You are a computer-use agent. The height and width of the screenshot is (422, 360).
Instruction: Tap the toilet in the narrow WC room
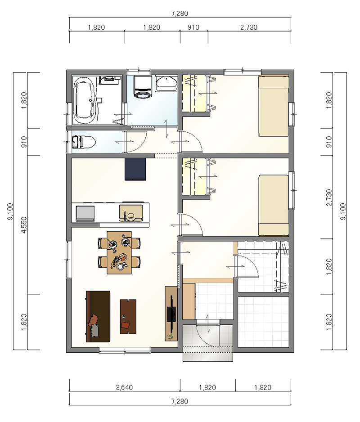pos(83,142)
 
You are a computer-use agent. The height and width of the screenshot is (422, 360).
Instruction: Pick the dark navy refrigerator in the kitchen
pos(135,169)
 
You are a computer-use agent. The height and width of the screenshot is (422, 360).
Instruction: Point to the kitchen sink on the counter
pos(131,213)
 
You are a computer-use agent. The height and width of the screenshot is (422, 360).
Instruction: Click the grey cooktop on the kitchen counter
pos(85,213)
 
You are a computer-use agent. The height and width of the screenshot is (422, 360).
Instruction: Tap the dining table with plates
pos(119,252)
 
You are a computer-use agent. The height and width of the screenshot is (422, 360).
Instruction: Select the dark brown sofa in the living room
pos(98,316)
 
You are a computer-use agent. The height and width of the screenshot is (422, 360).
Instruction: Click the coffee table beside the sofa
pos(128,317)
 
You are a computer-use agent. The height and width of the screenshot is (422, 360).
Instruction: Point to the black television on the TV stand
pos(171,309)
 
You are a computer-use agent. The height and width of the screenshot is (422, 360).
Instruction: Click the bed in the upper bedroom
pos(274,106)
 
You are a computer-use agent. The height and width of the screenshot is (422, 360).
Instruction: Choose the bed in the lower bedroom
pos(274,205)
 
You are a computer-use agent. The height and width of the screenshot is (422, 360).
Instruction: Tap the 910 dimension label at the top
pos(193,27)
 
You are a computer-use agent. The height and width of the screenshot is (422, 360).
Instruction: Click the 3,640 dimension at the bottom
pos(124,387)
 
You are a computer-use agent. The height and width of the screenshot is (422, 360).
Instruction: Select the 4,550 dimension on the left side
pos(24,225)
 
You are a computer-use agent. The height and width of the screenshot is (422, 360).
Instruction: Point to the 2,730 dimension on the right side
pos(329,197)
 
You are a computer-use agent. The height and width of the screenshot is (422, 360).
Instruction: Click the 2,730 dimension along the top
pos(249,27)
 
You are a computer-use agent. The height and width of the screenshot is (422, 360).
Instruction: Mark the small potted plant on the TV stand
pos(170,337)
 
